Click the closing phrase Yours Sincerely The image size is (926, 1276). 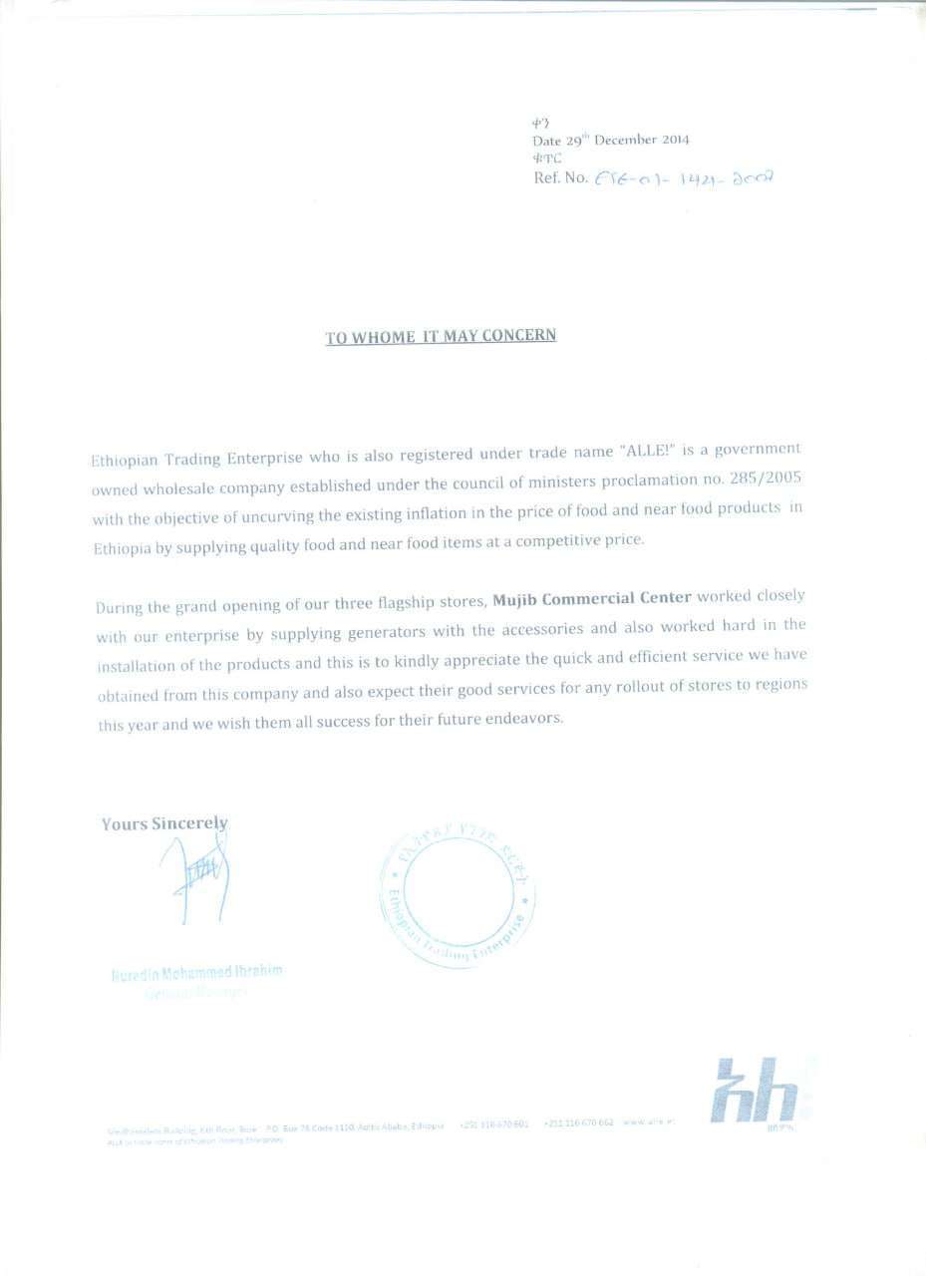[164, 824]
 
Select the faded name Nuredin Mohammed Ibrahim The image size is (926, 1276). [196, 972]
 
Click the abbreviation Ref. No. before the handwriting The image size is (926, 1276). [561, 179]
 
